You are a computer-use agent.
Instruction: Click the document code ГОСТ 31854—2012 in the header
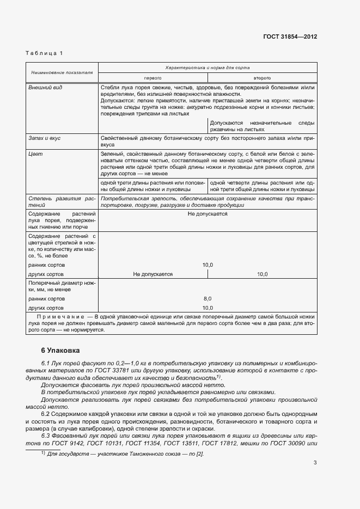point(289,36)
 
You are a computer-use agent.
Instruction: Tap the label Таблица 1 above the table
point(44,53)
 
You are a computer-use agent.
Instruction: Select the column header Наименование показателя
point(62,72)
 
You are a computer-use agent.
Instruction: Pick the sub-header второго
point(262,78)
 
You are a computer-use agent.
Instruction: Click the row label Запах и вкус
point(44,138)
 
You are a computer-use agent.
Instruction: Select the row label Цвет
point(35,154)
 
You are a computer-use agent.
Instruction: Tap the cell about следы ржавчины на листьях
point(262,126)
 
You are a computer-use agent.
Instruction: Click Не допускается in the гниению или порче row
point(208,214)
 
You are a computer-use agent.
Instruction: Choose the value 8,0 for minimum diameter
point(208,298)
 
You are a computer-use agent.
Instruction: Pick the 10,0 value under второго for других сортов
point(262,274)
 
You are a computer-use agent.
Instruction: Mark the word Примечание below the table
point(60,316)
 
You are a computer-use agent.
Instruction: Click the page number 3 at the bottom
point(315,479)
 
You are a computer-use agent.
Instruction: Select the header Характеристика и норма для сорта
point(208,66)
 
